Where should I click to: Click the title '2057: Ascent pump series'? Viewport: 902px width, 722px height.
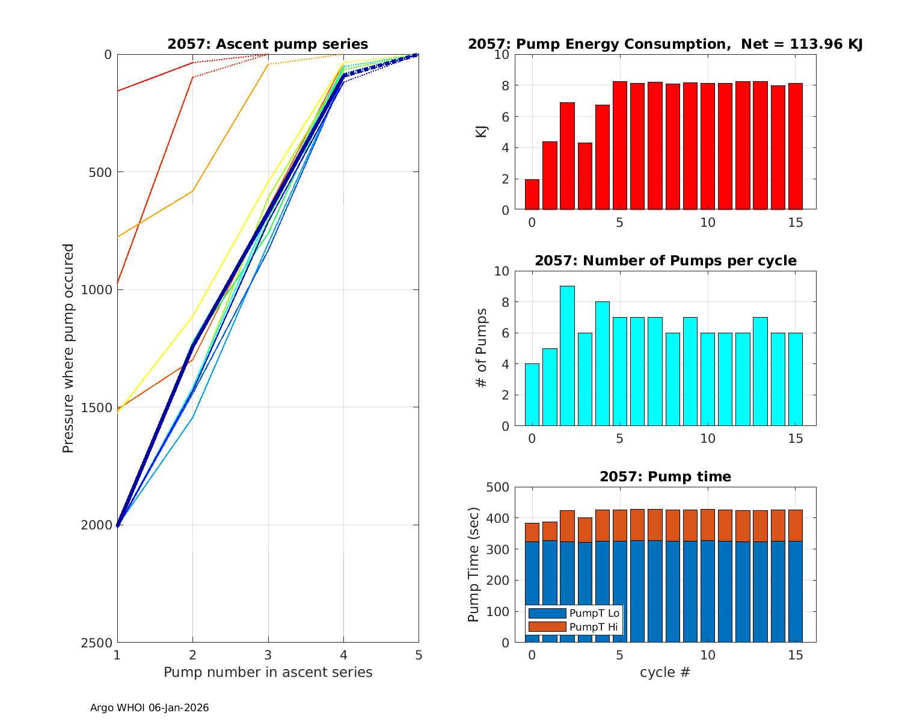268,44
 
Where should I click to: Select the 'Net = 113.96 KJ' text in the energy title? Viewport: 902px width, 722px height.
802,44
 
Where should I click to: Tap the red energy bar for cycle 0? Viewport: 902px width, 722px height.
532,194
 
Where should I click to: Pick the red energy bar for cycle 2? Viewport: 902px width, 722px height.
567,156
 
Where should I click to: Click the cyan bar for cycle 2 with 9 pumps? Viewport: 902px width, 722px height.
567,356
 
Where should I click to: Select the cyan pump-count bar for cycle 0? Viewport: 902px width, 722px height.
532,395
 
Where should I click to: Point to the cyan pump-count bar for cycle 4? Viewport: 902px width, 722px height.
603,364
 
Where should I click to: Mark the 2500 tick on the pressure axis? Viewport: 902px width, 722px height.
99,643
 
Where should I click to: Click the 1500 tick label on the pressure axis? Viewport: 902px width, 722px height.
99,407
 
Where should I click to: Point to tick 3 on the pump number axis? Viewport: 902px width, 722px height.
268,655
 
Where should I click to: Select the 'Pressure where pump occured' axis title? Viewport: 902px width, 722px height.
69,348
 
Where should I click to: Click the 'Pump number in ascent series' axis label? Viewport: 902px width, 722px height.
268,672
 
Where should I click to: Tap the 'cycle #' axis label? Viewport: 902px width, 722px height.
664,672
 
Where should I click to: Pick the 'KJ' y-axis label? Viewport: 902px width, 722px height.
482,132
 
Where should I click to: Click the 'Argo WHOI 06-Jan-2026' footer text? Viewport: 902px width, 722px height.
149,708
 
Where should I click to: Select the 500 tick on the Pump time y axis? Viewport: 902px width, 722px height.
499,487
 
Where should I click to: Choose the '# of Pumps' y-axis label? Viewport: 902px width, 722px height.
482,348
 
